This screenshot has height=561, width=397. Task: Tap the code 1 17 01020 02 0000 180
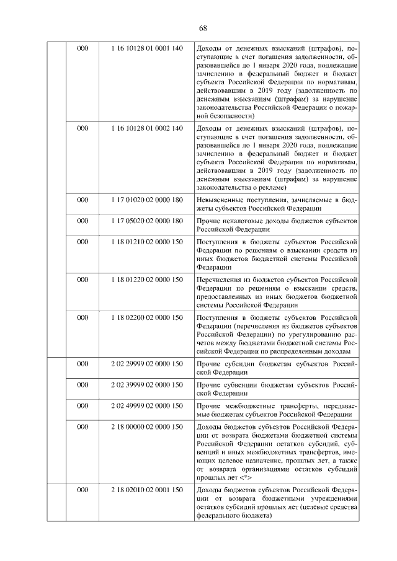[147, 200]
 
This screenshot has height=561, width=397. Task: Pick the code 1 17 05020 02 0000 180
[147, 221]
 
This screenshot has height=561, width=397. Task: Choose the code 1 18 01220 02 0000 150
[147, 280]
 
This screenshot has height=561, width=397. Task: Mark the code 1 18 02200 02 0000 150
[147, 317]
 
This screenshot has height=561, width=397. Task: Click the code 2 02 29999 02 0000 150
[147, 364]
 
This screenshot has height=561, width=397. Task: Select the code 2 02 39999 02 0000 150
[147, 385]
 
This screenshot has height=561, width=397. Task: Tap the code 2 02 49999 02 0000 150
[147, 405]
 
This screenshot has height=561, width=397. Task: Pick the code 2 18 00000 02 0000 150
[147, 427]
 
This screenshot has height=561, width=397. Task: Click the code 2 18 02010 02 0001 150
[147, 490]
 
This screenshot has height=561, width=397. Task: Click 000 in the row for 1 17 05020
[82, 221]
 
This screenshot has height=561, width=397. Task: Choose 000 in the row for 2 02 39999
[82, 385]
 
